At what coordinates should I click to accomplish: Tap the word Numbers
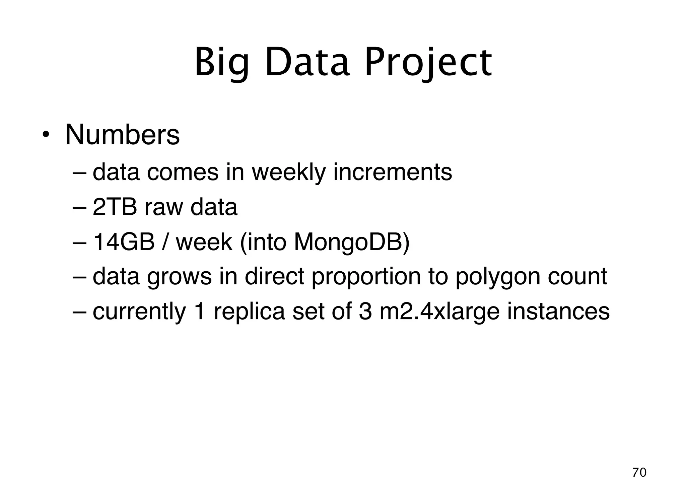click(x=122, y=135)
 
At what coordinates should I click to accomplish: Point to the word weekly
click(x=288, y=172)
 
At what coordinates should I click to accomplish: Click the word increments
click(x=392, y=172)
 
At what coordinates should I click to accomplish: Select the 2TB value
click(x=115, y=207)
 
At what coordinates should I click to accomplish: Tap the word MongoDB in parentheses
click(x=348, y=242)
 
